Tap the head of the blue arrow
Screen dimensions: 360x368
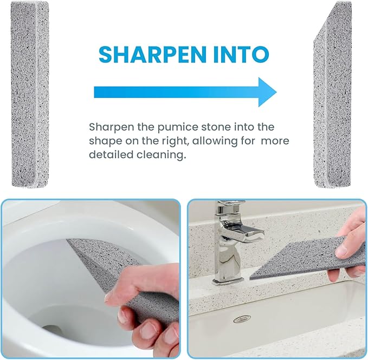266,92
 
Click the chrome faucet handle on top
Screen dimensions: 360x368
230,208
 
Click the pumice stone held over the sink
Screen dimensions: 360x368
304,258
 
